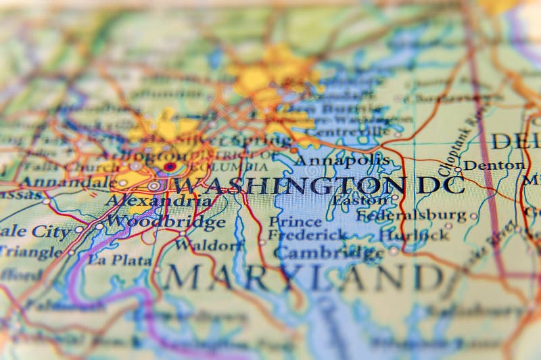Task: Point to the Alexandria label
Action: click(157, 201)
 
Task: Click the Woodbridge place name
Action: click(166, 221)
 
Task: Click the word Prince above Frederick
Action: click(295, 221)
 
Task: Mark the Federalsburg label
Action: click(412, 216)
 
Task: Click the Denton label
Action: click(494, 164)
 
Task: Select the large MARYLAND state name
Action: click(304, 277)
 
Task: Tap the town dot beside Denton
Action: click(458, 169)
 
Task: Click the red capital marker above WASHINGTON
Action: click(169, 166)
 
